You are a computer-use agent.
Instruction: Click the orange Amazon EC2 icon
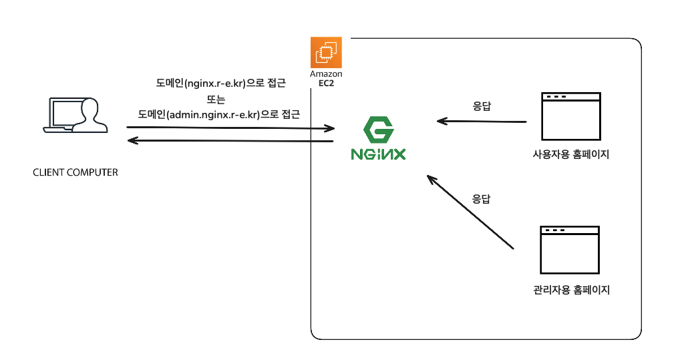(326, 52)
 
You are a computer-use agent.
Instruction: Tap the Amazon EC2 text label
(326, 79)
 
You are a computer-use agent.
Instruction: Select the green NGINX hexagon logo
(378, 130)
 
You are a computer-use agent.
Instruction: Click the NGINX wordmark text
(378, 154)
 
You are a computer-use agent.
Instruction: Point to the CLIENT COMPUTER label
(75, 172)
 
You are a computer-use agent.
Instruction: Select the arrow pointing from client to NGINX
(230, 126)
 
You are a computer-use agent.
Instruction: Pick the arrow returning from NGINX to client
(230, 141)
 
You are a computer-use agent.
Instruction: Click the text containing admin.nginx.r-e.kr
(219, 114)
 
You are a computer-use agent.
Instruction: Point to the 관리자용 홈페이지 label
(572, 290)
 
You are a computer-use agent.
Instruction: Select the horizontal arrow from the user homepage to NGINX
(482, 122)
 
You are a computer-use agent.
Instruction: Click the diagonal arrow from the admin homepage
(470, 212)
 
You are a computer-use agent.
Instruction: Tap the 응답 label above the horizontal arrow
(482, 106)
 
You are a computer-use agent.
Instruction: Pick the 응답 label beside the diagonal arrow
(481, 198)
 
